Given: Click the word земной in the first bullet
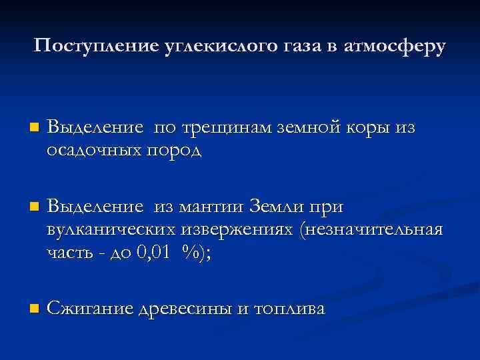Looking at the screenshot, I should (x=311, y=127).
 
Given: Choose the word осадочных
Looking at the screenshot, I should (x=90, y=151).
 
